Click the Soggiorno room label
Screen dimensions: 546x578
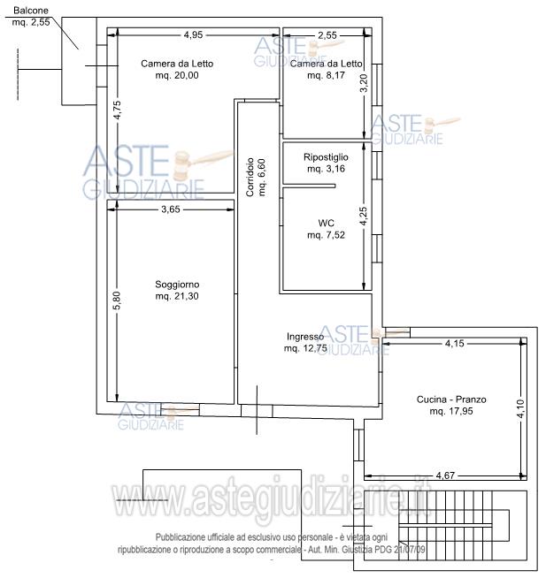pos(177,285)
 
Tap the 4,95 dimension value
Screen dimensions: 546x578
pos(194,34)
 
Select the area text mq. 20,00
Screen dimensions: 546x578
pos(177,75)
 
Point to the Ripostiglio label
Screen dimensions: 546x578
pos(326,157)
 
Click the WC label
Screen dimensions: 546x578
pos(326,223)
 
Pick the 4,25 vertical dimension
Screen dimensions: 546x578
pos(364,216)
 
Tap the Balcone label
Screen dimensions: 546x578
pos(31,11)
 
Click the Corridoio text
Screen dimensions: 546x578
pos(250,177)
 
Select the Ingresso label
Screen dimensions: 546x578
pos(305,337)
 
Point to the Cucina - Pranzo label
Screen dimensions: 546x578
pos(451,399)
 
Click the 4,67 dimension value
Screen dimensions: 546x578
pos(445,475)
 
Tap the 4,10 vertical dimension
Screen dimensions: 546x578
pos(520,409)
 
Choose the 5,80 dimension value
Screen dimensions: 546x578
pos(117,300)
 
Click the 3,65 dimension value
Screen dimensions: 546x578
pos(171,209)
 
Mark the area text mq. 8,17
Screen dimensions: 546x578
pos(326,75)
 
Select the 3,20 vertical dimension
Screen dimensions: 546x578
pos(364,83)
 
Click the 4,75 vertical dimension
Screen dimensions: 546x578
pos(117,110)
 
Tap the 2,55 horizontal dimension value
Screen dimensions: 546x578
pos(327,35)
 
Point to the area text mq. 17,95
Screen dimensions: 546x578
pos(451,411)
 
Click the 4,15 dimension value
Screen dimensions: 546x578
pos(455,343)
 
